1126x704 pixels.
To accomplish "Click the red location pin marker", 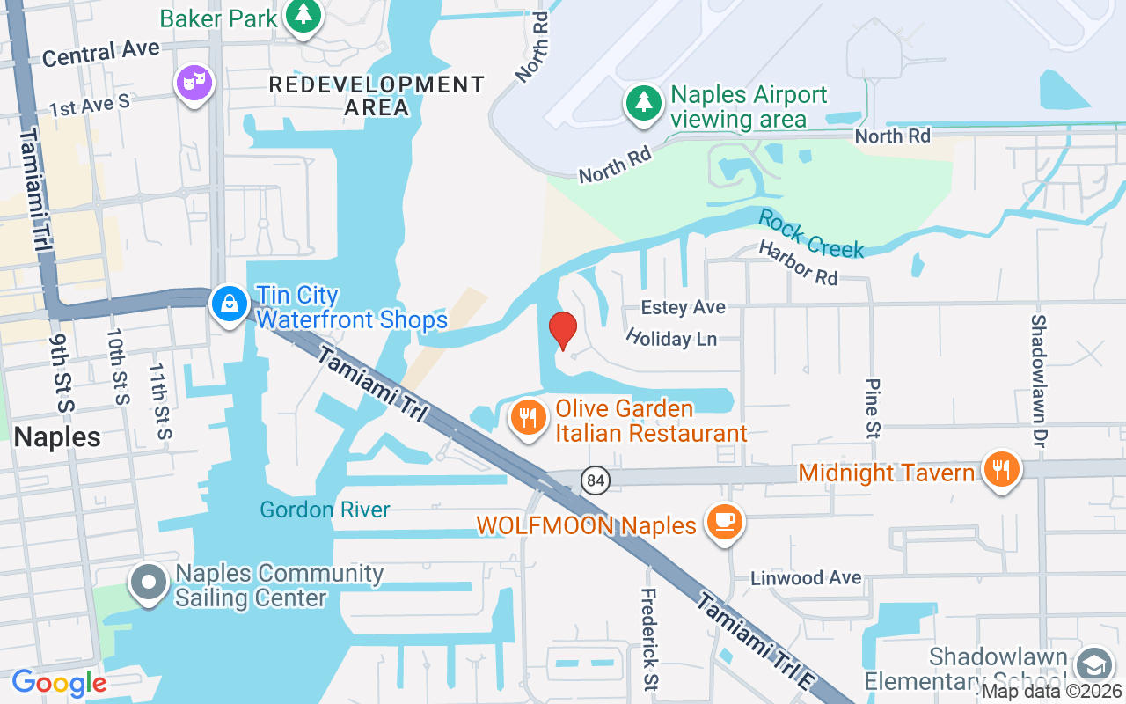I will click(x=563, y=331).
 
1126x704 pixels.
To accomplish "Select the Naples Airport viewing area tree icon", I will click(x=644, y=103).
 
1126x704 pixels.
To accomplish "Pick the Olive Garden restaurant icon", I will click(x=528, y=418).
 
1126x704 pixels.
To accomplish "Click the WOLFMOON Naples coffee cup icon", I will click(x=724, y=521).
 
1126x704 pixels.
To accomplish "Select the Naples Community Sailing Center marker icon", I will click(x=149, y=583).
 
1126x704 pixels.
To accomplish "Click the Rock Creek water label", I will click(x=811, y=234).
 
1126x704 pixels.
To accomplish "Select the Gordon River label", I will click(x=325, y=510).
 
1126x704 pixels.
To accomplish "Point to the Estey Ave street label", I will click(x=684, y=307).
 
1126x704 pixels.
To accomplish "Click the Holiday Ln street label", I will click(x=671, y=337).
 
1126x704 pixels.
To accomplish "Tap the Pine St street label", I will click(x=873, y=408).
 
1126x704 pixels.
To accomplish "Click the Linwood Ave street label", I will click(x=806, y=578).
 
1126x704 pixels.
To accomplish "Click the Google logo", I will click(x=59, y=683).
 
